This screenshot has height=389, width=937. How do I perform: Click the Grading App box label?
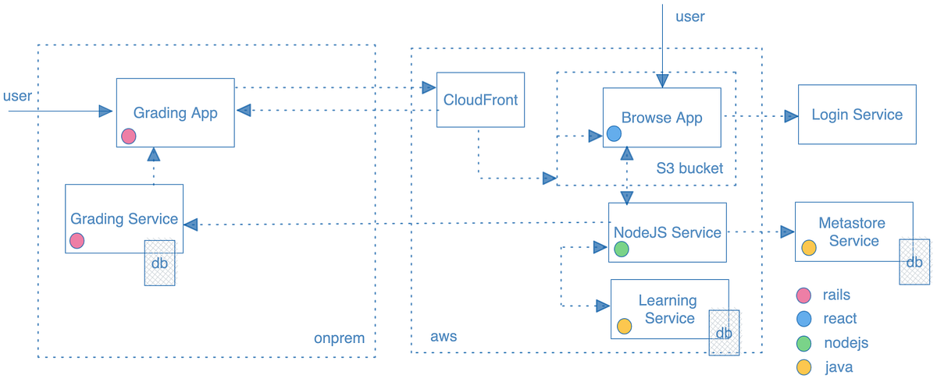(175, 112)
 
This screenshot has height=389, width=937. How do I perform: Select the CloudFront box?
(480, 100)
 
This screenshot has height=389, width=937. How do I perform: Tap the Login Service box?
(857, 115)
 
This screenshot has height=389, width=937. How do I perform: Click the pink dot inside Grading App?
(129, 136)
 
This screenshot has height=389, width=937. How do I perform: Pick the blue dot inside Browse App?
(614, 134)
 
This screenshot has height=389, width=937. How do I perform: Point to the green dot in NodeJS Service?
(622, 249)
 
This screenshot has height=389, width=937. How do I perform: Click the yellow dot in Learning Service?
(624, 326)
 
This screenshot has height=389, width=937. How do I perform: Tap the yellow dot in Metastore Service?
(809, 248)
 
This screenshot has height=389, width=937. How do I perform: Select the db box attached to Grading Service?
(159, 263)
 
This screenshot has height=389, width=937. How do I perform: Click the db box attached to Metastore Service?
(914, 262)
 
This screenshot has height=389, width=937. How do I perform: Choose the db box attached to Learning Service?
(724, 333)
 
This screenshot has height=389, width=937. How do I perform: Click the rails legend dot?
(803, 295)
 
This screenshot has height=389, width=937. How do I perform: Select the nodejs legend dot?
(803, 343)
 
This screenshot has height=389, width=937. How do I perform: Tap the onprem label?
(339, 338)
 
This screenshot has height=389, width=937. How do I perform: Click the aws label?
(444, 337)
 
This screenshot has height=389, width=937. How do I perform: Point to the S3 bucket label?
(689, 168)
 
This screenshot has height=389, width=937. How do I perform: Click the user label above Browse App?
(689, 16)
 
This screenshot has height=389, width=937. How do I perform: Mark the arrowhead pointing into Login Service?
(790, 116)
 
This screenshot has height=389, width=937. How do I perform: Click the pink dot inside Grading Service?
(77, 241)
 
